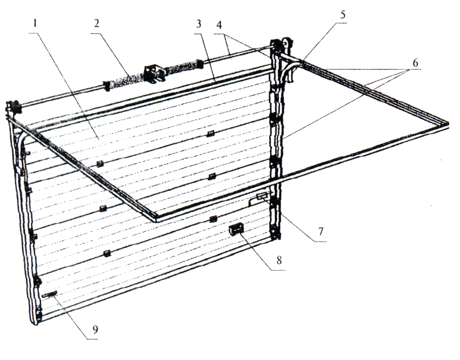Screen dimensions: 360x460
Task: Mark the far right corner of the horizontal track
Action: [x=446, y=122]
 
